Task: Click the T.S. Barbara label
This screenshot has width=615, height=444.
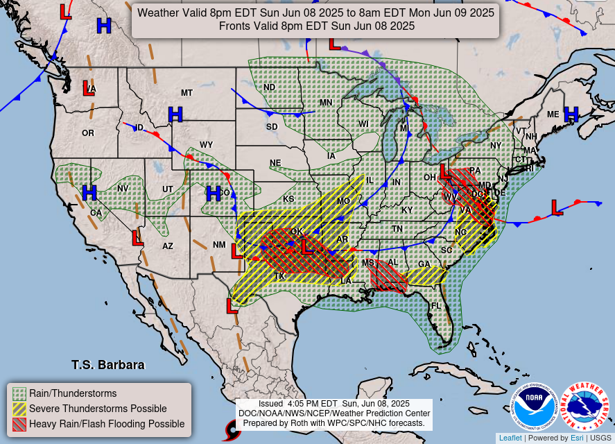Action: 108,364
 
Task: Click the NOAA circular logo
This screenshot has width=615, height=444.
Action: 535,407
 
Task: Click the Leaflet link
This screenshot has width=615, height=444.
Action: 511,438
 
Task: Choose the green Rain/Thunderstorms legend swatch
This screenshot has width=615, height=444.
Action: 19,393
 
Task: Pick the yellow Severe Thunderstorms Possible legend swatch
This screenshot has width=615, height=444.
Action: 19,409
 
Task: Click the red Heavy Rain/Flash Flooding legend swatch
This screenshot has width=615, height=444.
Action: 19,424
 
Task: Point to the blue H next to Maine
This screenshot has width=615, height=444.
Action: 571,114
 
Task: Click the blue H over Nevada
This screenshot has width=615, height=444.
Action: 89,192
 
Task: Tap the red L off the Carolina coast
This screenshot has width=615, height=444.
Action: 556,206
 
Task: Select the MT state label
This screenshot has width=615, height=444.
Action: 187,93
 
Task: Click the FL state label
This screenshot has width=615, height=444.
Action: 436,306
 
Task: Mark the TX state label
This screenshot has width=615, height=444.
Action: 280,276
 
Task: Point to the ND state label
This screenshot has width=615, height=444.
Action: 269,87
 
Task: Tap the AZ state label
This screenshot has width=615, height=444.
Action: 168,246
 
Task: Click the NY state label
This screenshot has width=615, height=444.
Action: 495,146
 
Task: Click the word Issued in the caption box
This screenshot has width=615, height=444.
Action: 270,404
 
